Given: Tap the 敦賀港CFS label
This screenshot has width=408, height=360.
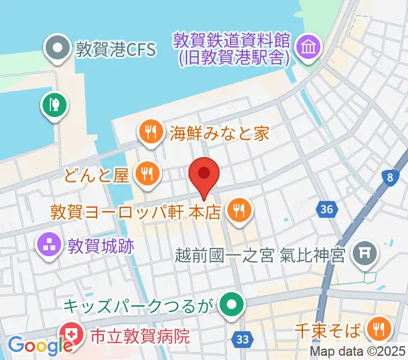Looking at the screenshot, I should click(115, 48).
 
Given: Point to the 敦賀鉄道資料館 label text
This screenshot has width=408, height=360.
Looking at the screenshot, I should click(232, 48).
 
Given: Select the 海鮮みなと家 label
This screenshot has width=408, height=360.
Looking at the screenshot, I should click(219, 133).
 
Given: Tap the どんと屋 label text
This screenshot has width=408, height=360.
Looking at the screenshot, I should click(97, 175).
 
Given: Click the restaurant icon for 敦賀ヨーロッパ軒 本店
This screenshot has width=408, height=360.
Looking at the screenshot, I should click(241, 210).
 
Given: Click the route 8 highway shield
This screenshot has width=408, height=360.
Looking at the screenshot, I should click(391, 177).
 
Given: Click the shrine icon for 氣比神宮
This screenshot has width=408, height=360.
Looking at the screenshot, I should click(365, 255).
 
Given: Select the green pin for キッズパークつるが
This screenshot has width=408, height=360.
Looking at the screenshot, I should click(230, 305).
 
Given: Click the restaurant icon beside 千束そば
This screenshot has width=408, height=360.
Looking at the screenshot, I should click(379, 329).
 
